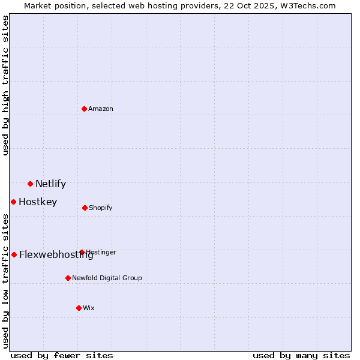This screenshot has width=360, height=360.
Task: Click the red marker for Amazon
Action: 85,109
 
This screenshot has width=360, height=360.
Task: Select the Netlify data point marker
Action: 30,184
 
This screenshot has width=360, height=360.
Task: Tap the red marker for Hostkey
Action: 13,202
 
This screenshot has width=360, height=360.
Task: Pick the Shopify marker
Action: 85,208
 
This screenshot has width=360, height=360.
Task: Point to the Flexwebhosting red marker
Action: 14,254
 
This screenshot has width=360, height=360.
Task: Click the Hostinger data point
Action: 82,252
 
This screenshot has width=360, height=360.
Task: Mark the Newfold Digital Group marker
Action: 68,278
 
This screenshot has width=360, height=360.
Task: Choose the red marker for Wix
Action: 79,308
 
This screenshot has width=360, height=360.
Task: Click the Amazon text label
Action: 101,109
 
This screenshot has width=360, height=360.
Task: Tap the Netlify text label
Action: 50,184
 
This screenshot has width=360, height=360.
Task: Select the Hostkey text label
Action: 38,202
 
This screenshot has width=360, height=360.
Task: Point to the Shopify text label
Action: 101,208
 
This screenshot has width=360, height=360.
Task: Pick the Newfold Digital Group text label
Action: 107,278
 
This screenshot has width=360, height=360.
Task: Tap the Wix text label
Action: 89,308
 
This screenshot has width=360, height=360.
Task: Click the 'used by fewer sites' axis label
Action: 62,355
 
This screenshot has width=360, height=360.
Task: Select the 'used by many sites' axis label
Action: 301,355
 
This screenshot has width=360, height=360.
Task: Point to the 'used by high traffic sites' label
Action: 5,85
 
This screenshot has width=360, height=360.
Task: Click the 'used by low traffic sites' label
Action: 5,280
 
